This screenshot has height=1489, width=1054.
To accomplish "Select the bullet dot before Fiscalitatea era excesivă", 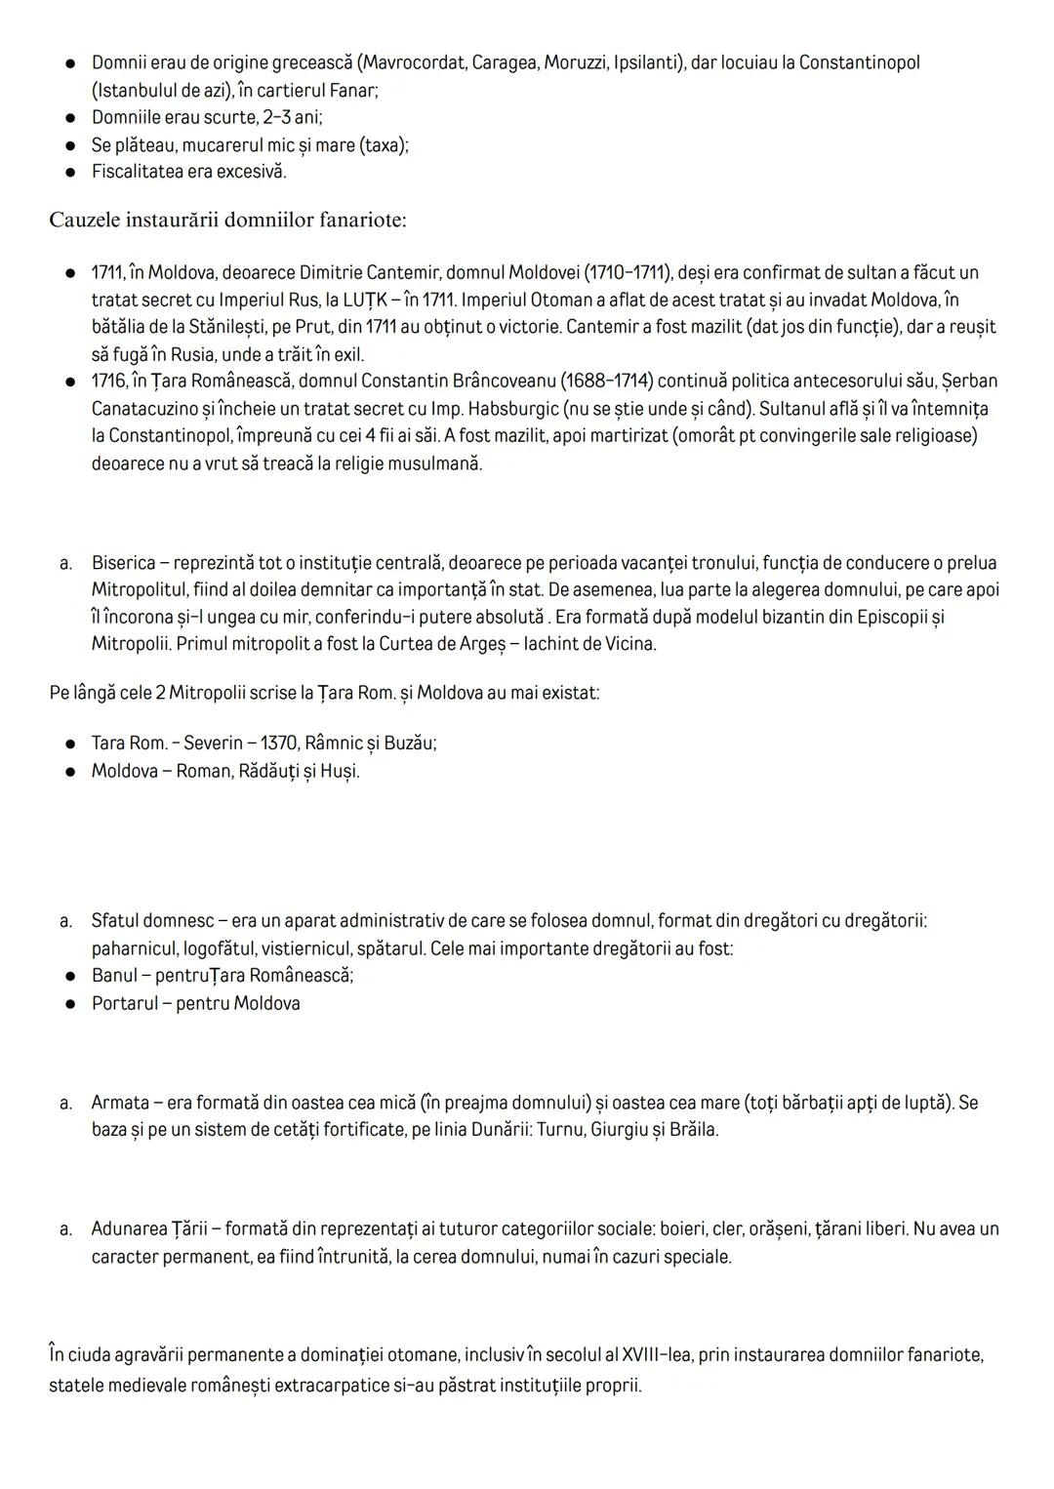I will [70, 172].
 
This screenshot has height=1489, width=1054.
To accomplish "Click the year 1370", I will [278, 744].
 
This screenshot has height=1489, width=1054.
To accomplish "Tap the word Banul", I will [115, 976].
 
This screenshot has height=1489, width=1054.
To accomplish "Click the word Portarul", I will [124, 1003].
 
